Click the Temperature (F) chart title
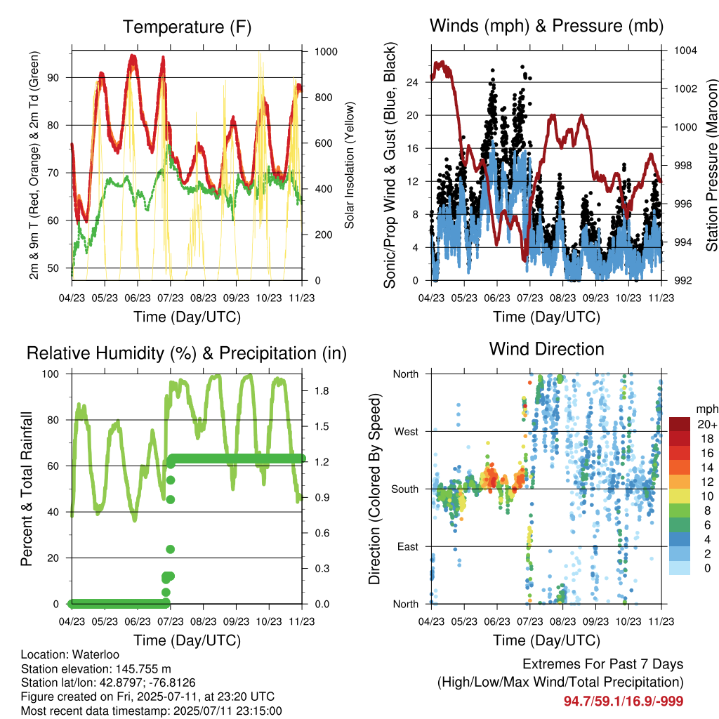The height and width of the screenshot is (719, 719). (187, 27)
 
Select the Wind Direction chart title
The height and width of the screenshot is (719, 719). (546, 349)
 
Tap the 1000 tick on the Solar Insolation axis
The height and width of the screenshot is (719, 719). (326, 51)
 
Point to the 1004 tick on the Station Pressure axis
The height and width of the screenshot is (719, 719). (685, 51)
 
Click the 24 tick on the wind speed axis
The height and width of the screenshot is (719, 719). (412, 83)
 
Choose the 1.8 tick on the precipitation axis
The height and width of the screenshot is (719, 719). (322, 390)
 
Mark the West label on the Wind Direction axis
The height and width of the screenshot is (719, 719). (407, 432)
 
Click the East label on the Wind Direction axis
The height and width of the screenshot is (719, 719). (408, 546)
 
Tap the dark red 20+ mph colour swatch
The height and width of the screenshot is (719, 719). (680, 423)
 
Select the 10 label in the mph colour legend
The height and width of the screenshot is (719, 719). (707, 496)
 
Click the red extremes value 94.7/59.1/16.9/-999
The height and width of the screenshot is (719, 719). (624, 701)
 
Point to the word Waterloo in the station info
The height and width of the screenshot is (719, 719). (95, 654)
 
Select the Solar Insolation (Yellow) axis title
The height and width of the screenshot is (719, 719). (350, 165)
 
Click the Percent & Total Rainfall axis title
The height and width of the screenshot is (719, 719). (27, 489)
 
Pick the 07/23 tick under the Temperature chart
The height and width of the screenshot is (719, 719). (170, 298)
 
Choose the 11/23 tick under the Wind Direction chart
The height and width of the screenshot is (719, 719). (661, 621)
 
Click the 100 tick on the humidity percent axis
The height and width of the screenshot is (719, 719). (51, 374)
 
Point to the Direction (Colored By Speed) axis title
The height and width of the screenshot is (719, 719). (375, 489)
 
